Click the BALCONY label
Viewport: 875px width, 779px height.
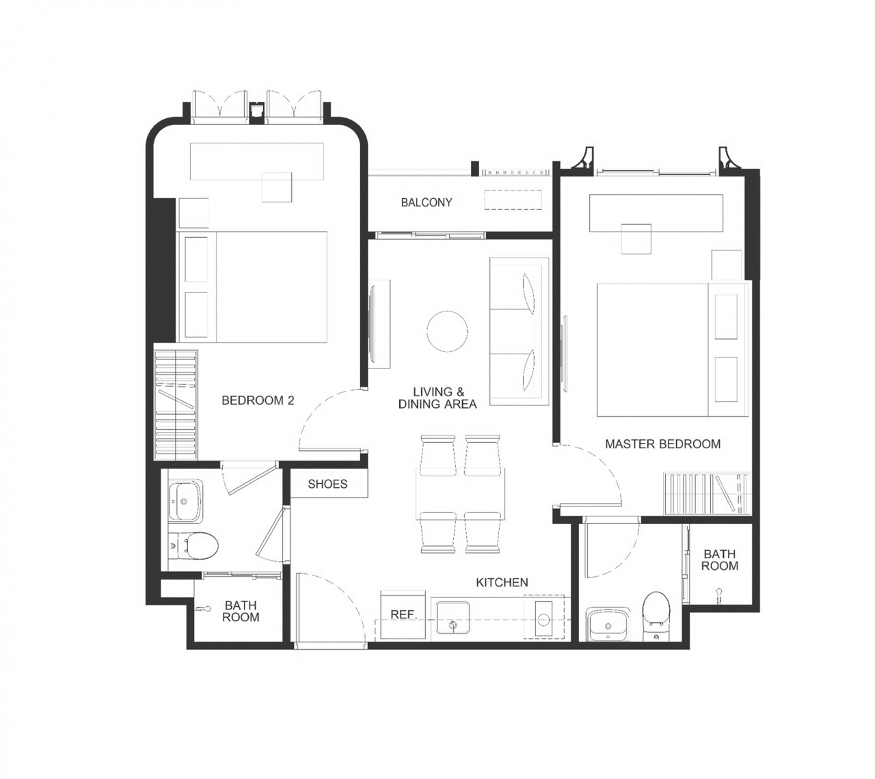pos(426,202)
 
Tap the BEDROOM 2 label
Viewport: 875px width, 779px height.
pos(258,400)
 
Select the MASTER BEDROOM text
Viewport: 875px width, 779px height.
pos(662,443)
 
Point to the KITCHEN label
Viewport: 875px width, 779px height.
pos(502,582)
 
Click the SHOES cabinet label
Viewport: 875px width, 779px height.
pos(327,484)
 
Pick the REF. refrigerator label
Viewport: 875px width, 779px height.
pos(404,614)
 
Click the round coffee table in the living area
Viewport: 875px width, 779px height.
pos(447,331)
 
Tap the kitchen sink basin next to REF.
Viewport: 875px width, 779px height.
pos(453,618)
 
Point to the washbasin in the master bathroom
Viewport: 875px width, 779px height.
pos(608,624)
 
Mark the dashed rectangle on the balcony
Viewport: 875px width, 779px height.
pos(513,200)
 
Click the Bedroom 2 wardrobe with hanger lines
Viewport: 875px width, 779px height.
pos(176,405)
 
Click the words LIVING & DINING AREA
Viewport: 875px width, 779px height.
pos(437,398)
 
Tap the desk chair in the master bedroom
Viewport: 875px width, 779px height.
pos(636,238)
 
